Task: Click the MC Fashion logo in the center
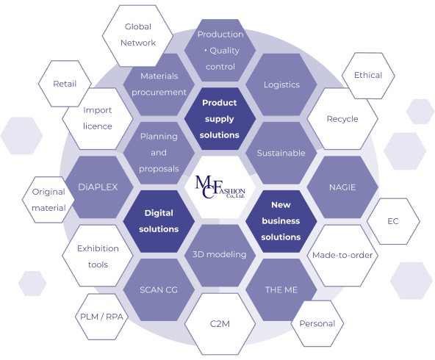tap(220, 187)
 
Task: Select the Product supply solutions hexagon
tap(220, 119)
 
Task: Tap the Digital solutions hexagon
tap(159, 221)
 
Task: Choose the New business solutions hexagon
tap(281, 221)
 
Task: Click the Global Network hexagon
tap(138, 36)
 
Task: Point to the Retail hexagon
tap(65, 84)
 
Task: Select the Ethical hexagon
tap(368, 76)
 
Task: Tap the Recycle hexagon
tap(342, 119)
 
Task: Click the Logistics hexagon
tap(281, 84)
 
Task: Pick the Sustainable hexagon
tap(281, 153)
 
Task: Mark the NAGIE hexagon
tap(342, 187)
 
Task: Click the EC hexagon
tap(393, 221)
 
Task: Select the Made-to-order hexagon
tap(342, 256)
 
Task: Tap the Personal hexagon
tap(317, 324)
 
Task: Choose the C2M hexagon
tap(220, 324)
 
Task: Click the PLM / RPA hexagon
tap(101, 317)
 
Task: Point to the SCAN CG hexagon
tap(159, 289)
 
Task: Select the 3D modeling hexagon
tap(220, 256)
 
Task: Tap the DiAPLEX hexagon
tap(98, 187)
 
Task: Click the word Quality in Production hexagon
tap(224, 51)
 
